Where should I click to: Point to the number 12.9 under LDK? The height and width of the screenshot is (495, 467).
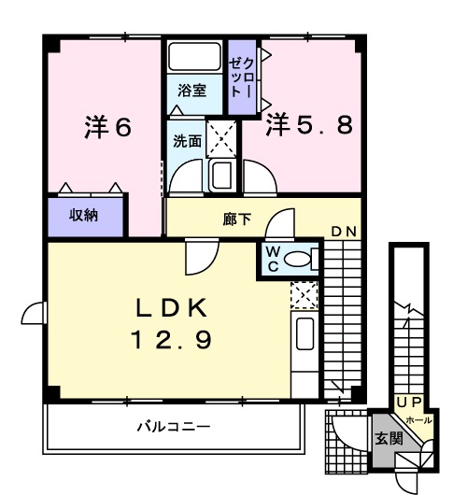[170, 339]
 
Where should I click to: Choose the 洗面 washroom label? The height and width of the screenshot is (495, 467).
[185, 141]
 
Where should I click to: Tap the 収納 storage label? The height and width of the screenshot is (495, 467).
[85, 214]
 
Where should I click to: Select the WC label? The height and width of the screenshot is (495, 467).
[271, 258]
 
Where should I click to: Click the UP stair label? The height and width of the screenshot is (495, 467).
[409, 401]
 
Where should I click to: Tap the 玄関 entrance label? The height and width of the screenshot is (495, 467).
[389, 437]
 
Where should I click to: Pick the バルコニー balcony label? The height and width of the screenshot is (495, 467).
[174, 427]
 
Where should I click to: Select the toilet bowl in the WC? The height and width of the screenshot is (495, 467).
[300, 260]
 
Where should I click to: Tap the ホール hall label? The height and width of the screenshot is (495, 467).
[418, 420]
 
